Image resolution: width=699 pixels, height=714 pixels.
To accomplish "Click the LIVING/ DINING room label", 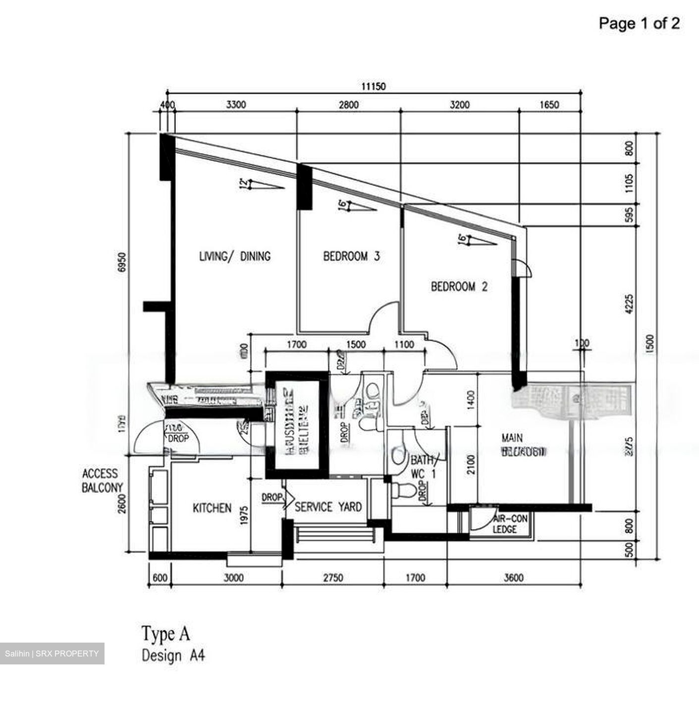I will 234,256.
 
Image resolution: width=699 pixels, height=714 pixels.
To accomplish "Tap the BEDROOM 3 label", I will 351,256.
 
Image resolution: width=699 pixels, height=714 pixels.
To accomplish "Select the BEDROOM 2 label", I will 459,287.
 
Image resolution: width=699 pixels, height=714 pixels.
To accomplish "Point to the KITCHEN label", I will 212,508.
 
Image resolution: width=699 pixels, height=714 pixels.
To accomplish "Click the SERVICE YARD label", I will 328,507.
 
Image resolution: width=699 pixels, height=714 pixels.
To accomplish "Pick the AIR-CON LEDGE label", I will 510,524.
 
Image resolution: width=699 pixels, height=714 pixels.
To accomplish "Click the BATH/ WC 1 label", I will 423,467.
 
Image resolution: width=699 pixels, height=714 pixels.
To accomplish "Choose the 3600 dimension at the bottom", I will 514,578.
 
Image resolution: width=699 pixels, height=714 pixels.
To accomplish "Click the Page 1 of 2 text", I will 639,23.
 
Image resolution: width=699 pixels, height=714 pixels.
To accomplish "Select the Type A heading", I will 165,633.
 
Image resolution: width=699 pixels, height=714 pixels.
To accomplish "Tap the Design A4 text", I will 173,655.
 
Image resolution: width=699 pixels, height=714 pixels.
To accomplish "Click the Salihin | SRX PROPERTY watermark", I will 52,654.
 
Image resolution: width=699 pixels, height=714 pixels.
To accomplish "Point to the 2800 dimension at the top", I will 348,105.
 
